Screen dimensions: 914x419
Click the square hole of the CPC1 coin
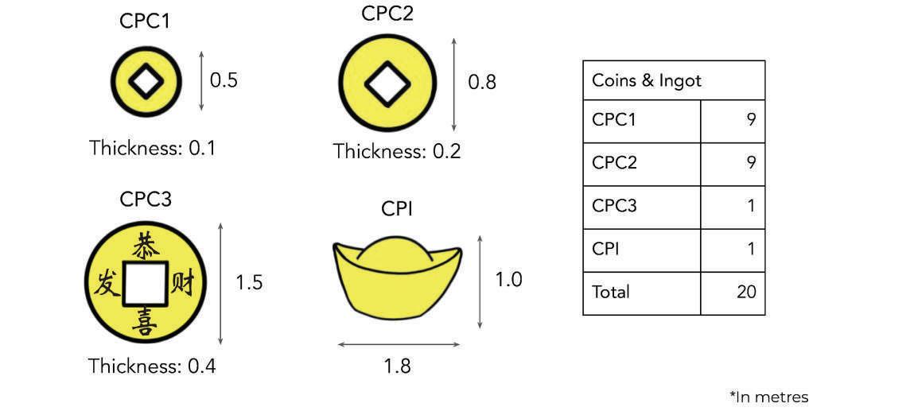coord(146,80)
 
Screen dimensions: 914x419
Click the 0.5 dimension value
coord(224,80)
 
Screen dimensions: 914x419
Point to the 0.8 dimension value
coord(481,82)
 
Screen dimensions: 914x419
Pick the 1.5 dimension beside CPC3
coord(248,282)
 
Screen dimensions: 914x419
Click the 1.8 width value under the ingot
coord(397,366)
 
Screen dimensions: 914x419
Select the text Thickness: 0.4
coord(152,367)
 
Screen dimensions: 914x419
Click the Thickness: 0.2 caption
coord(397,151)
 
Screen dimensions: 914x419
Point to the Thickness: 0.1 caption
coord(152,148)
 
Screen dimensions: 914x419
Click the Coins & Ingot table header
coord(646,81)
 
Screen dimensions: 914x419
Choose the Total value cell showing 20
coord(745,292)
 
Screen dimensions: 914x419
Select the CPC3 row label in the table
coord(614,206)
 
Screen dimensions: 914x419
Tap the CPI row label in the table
coord(605,249)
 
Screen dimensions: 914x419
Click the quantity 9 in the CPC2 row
coord(750,163)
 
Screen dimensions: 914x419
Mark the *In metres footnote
coord(768,397)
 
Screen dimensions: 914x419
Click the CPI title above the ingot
coord(397,210)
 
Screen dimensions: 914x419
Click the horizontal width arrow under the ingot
coord(399,345)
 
